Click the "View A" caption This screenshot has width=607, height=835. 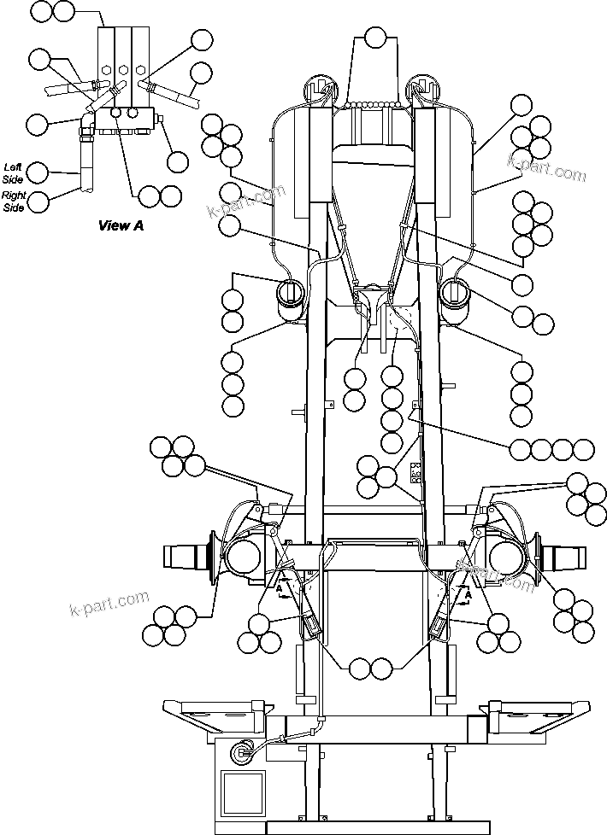pos(121,225)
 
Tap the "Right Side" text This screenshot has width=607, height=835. pos(14,201)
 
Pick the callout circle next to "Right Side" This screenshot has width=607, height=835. pos(38,201)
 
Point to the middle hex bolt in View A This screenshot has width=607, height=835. pos(123,70)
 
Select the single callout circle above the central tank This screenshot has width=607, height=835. pos(375,37)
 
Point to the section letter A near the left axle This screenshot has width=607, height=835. pos(279,588)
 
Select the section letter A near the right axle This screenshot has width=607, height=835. pos(469,588)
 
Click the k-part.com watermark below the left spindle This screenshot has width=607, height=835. pos(109,604)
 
